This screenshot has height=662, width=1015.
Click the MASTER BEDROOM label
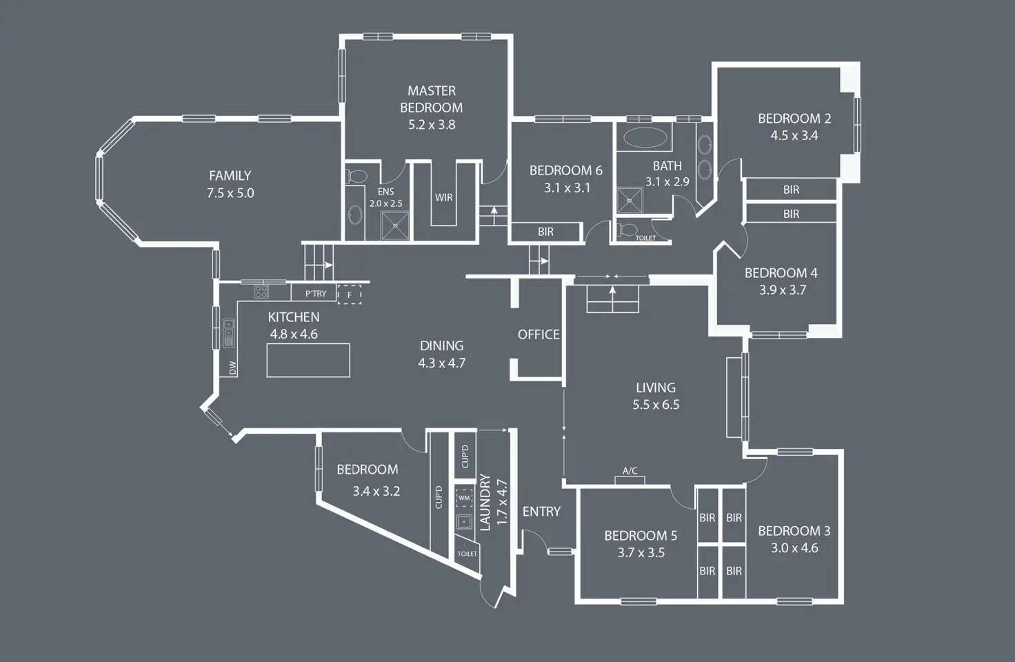(x=432, y=99)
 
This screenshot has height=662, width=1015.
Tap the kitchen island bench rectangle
(x=308, y=360)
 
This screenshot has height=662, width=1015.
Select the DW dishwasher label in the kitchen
(x=232, y=368)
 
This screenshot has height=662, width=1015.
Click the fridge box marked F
(x=350, y=295)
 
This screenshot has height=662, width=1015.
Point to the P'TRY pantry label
(x=316, y=294)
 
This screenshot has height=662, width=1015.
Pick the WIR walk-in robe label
(x=444, y=198)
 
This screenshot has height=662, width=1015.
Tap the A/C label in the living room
(x=630, y=471)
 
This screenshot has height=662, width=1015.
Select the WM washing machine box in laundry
(x=464, y=498)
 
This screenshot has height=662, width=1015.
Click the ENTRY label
(x=541, y=511)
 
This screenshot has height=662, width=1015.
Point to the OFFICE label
(x=539, y=334)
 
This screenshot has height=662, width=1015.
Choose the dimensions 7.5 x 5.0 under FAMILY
(x=230, y=194)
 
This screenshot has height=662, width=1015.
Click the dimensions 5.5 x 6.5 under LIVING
(x=656, y=405)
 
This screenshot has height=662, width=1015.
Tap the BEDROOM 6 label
(x=565, y=170)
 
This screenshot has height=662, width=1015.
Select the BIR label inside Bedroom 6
(x=545, y=232)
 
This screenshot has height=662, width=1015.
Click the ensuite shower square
(x=395, y=225)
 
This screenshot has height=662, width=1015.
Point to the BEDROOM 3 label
(x=794, y=531)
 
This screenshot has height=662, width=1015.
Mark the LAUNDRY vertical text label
(x=485, y=502)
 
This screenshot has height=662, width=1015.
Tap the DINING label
(x=441, y=345)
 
